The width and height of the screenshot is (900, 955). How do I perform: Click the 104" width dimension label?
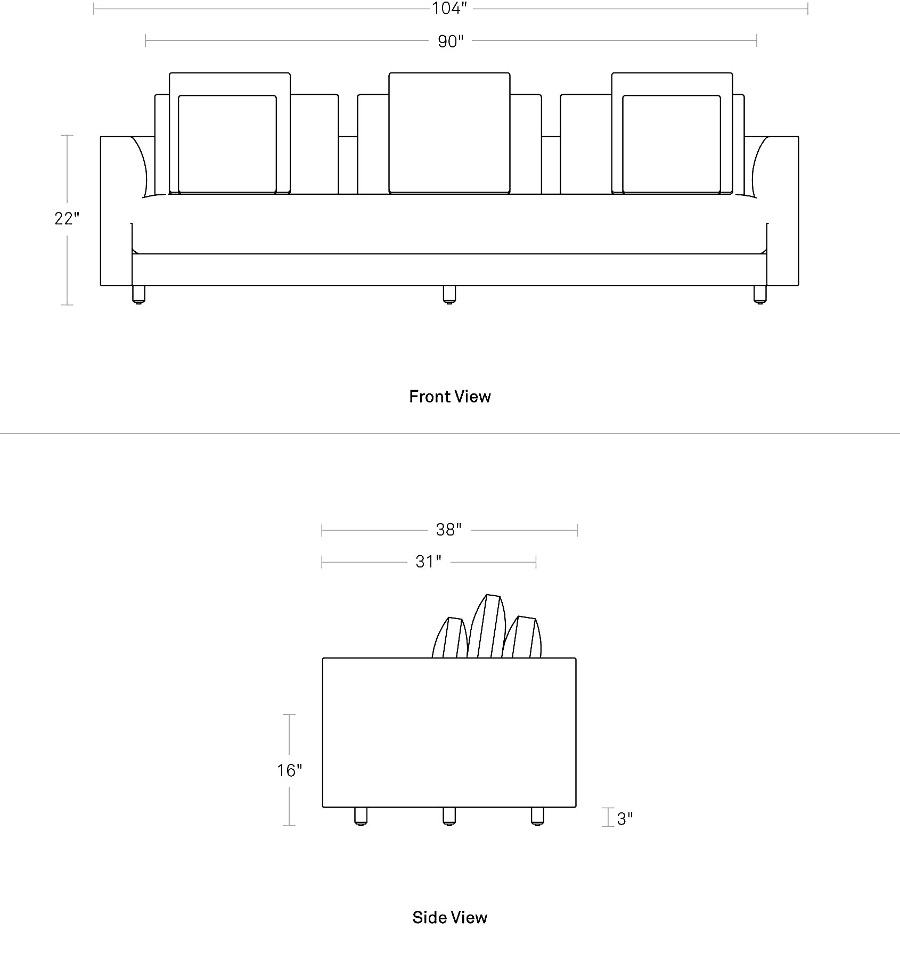click(450, 9)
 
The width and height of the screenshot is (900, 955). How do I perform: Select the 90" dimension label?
click(451, 41)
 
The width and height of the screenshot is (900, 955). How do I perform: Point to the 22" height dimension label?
click(67, 218)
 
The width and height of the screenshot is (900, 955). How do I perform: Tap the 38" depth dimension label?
click(449, 530)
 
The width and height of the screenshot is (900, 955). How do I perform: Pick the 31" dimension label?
click(429, 562)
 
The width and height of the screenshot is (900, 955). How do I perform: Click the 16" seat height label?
click(289, 770)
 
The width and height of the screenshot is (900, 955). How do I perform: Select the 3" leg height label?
click(625, 819)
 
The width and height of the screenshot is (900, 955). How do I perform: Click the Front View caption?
click(450, 397)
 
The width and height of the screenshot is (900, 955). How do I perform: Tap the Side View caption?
click(450, 917)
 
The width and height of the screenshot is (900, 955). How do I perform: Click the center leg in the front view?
click(449, 295)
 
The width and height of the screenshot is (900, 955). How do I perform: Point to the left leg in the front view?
click(139, 295)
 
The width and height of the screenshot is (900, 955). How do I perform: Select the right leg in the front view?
click(760, 295)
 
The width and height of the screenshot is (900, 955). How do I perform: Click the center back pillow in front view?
click(449, 133)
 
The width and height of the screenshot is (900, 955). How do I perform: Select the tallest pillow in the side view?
click(487, 626)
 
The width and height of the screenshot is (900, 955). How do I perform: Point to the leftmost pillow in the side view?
click(451, 638)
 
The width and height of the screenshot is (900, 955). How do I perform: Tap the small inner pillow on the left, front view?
click(227, 144)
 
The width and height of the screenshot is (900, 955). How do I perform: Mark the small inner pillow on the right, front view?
click(672, 144)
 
